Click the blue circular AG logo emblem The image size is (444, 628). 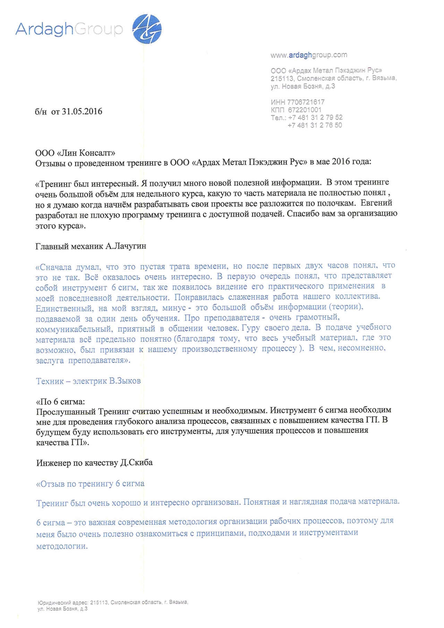click(x=147, y=29)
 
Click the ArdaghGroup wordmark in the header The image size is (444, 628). click(x=69, y=29)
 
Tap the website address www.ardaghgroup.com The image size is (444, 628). click(x=309, y=55)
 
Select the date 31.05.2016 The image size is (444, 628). click(x=82, y=111)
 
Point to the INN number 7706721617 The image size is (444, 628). click(x=306, y=102)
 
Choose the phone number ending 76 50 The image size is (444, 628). click(x=315, y=125)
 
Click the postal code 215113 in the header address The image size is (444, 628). click(x=282, y=78)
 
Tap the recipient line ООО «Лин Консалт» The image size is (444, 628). click(x=75, y=153)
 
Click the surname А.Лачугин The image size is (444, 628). click(x=126, y=246)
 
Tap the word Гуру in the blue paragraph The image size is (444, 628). click(x=251, y=328)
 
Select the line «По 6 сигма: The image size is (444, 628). click(x=60, y=402)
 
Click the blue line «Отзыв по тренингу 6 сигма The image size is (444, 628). click(x=90, y=484)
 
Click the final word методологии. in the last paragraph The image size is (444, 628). click(x=62, y=546)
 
